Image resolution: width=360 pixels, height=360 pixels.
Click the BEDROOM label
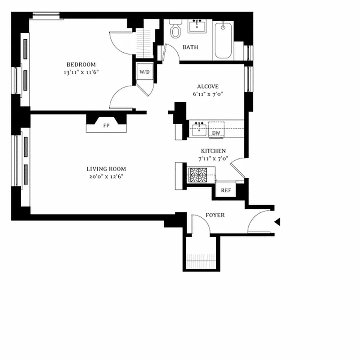[81, 64]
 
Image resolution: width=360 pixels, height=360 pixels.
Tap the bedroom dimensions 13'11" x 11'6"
[81, 72]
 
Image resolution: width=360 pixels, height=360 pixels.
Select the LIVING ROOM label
[106, 169]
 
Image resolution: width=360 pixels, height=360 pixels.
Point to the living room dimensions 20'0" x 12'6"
[106, 176]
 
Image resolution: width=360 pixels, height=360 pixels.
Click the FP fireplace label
[106, 126]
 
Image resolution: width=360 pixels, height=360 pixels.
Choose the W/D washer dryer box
[144, 72]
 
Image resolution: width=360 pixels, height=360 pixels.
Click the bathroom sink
[197, 27]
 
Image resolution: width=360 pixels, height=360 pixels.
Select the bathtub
[223, 40]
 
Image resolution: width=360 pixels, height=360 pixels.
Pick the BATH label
[190, 47]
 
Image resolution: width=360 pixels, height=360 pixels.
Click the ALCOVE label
[207, 87]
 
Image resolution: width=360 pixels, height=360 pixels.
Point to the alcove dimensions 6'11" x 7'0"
[207, 94]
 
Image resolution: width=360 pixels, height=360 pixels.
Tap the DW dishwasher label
[216, 133]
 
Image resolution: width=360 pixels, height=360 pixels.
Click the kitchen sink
[198, 129]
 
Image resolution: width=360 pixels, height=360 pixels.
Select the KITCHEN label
[213, 151]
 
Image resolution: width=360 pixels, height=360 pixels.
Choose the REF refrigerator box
[226, 190]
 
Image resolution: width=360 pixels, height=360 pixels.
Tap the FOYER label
[215, 215]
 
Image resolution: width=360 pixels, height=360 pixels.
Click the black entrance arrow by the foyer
[277, 221]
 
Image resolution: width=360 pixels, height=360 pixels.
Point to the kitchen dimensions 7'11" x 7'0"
[213, 158]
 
